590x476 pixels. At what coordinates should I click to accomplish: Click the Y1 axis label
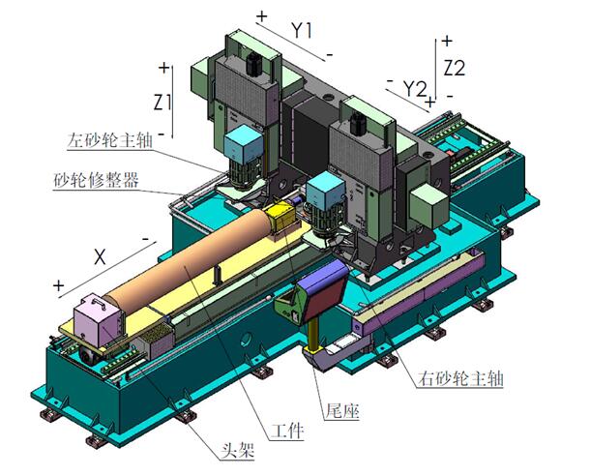pyautogui.click(x=302, y=30)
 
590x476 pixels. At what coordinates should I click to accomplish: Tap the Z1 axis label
pyautogui.click(x=162, y=102)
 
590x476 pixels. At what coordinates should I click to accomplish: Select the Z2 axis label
pyautogui.click(x=455, y=68)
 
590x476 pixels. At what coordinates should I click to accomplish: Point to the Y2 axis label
pyautogui.click(x=415, y=89)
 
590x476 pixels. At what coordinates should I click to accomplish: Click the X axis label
pyautogui.click(x=100, y=257)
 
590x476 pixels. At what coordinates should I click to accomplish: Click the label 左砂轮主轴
pyautogui.click(x=110, y=140)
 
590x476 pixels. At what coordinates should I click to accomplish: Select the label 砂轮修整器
pyautogui.click(x=96, y=180)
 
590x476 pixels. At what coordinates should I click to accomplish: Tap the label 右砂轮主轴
pyautogui.click(x=460, y=377)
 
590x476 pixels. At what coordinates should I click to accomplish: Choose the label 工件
pyautogui.click(x=287, y=431)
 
